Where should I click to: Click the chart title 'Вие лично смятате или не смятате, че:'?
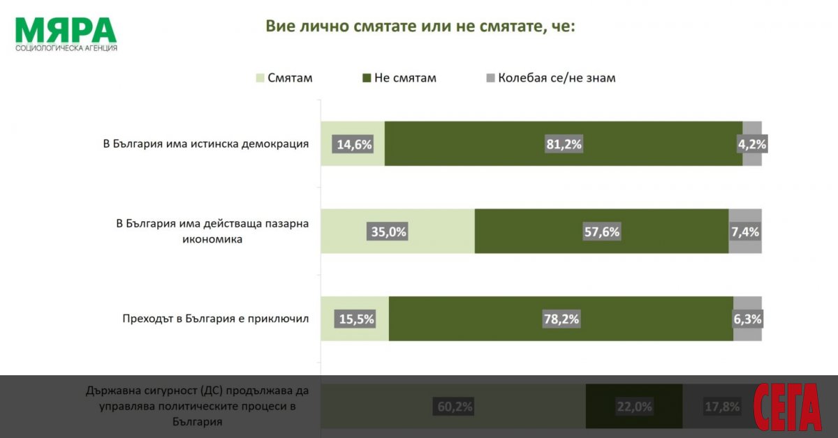(420, 27)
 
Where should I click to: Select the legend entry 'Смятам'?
(285, 78)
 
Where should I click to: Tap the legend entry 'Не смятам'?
(399, 78)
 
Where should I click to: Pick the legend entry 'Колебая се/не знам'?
(550, 78)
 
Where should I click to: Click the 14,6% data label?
(355, 144)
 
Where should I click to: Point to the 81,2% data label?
(564, 144)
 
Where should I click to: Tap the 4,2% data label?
(751, 144)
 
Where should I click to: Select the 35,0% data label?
(388, 232)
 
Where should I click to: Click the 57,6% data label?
(601, 232)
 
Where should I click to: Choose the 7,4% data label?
(744, 232)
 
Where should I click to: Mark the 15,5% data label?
(356, 319)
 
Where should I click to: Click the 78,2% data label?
(561, 319)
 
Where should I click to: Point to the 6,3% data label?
(747, 319)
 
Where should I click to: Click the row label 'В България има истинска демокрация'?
(206, 144)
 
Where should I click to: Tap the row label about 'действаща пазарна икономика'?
(212, 232)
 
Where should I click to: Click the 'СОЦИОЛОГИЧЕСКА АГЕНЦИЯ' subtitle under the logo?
(66, 48)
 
